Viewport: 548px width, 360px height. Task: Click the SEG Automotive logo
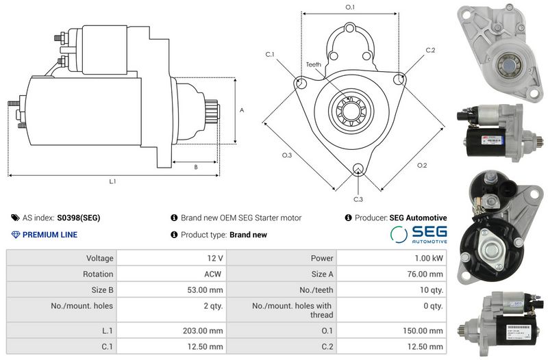[x=419, y=235]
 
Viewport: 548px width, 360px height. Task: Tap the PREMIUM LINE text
[x=49, y=235]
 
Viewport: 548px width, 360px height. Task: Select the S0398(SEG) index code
[x=78, y=218]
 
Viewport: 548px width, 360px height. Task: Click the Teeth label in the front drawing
[x=313, y=64]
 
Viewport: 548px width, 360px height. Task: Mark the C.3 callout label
[x=358, y=199]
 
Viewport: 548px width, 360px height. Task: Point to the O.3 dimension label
[x=287, y=155]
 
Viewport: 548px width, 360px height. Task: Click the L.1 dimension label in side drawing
[x=112, y=181]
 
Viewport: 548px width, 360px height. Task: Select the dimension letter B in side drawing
[x=196, y=166]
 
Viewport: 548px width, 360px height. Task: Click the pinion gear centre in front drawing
[x=350, y=108]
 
